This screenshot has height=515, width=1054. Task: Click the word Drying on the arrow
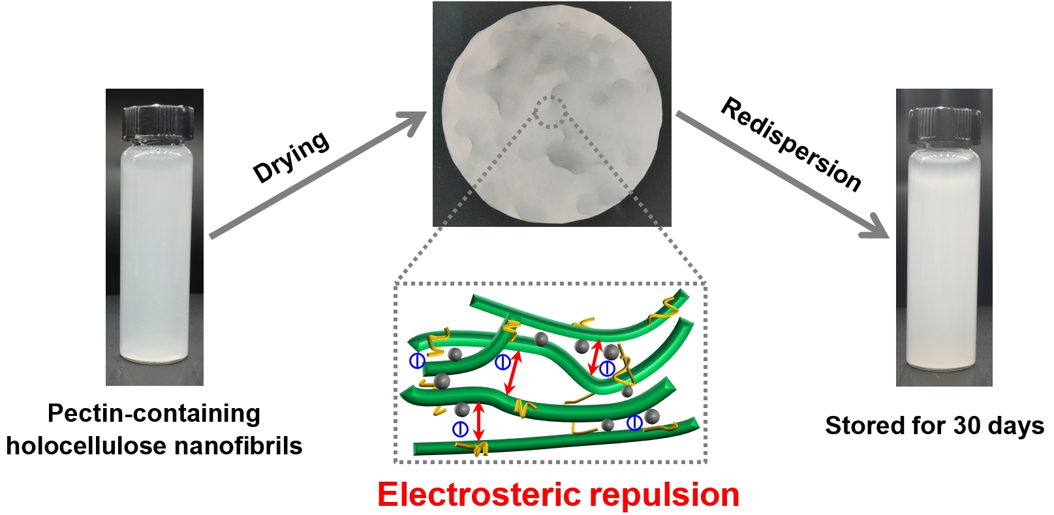[x=291, y=157]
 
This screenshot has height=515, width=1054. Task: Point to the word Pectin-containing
[x=154, y=413]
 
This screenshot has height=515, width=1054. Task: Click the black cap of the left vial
[x=159, y=122]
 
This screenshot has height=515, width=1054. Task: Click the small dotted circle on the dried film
[x=551, y=112]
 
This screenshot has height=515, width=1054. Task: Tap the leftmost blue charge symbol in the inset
[x=416, y=360]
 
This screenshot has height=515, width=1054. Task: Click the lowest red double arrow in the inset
[x=479, y=420]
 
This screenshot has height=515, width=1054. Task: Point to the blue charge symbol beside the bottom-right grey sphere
[x=634, y=423]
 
